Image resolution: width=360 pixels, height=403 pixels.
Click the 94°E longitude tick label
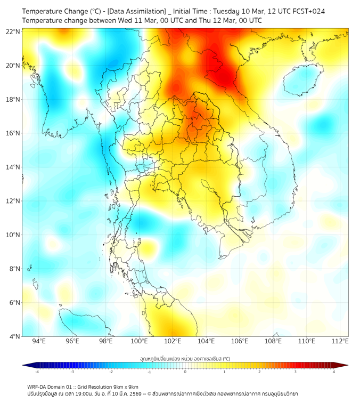[x=39, y=341]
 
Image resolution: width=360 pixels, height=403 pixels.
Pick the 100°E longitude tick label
[x=140, y=341]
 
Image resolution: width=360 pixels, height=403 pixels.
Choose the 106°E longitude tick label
[x=240, y=341]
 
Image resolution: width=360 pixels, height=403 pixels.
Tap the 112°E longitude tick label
[x=341, y=341]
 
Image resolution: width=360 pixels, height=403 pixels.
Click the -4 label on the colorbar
[x=36, y=372]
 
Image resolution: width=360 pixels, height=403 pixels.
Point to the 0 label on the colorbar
[x=185, y=372]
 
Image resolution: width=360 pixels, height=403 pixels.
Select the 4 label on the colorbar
[x=334, y=372]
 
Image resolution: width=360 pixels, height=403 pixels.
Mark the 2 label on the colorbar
[x=259, y=372]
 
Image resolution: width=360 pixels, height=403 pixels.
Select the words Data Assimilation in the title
[x=135, y=11]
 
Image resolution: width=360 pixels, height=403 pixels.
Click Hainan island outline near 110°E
[x=304, y=80]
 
